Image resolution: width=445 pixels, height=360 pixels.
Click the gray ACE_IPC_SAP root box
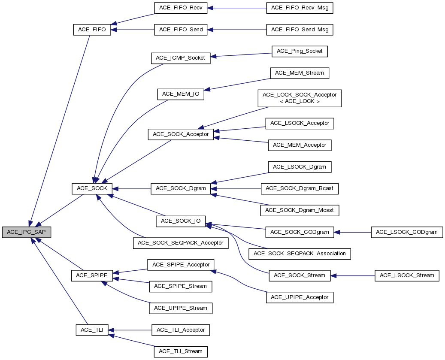(27, 232)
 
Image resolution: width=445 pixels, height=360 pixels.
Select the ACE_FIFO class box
(92, 30)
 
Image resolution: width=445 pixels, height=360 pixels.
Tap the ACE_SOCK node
(92, 188)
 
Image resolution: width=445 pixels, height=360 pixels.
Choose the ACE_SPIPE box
(92, 275)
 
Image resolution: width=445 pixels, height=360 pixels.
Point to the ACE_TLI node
(92, 330)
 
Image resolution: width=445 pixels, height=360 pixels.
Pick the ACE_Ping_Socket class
(300, 51)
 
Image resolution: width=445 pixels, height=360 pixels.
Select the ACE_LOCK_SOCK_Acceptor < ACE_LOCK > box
(300, 98)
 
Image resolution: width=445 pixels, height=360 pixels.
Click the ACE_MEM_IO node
(181, 94)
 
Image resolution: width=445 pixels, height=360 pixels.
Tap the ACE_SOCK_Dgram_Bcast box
(300, 188)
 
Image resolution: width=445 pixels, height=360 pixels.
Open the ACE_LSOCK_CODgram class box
(407, 232)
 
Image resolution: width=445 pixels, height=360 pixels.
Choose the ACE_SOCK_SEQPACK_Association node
(300, 253)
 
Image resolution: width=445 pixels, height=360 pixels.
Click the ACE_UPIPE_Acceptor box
(300, 297)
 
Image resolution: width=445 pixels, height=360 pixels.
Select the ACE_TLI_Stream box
(181, 351)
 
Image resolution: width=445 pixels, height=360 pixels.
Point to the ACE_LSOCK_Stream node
(407, 275)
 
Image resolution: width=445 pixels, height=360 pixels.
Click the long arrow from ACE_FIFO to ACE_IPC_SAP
(60, 129)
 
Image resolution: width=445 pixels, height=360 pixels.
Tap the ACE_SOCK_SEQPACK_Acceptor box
(181, 242)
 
